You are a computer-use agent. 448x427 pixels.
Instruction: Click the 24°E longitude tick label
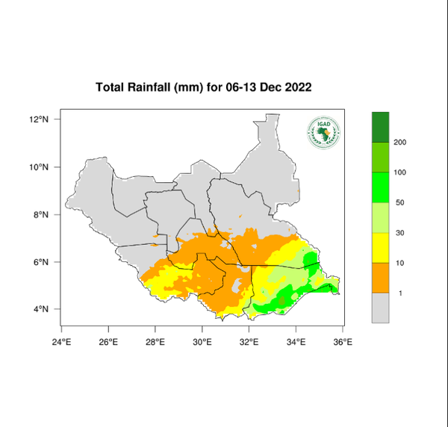[61, 343]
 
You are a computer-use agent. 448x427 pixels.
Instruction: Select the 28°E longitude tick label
[155, 343]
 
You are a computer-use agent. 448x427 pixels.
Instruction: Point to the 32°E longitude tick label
[249, 343]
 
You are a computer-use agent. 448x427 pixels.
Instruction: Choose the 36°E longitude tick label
[343, 343]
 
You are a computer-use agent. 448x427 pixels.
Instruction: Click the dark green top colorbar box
[382, 126]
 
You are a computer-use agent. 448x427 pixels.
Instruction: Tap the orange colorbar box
[382, 278]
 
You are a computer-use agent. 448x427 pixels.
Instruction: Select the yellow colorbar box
[382, 247]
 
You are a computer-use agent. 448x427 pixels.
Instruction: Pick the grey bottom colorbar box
[382, 308]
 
